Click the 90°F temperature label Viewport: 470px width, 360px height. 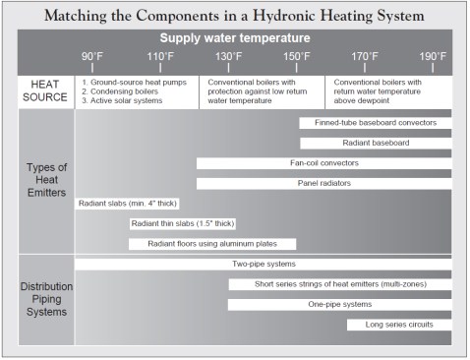[x=94, y=56]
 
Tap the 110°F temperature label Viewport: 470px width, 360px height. [x=161, y=56]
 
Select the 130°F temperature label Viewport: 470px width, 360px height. [x=230, y=56]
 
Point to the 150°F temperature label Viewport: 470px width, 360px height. [x=298, y=56]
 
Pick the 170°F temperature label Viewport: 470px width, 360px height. [x=366, y=56]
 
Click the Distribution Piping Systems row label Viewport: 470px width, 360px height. [x=46, y=299]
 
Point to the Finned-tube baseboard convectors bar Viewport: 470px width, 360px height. [x=376, y=123]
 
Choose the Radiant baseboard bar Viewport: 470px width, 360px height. [x=376, y=143]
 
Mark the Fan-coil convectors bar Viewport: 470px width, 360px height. [x=324, y=163]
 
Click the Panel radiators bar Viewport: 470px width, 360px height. [x=324, y=183]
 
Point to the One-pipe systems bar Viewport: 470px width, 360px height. [x=340, y=304]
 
